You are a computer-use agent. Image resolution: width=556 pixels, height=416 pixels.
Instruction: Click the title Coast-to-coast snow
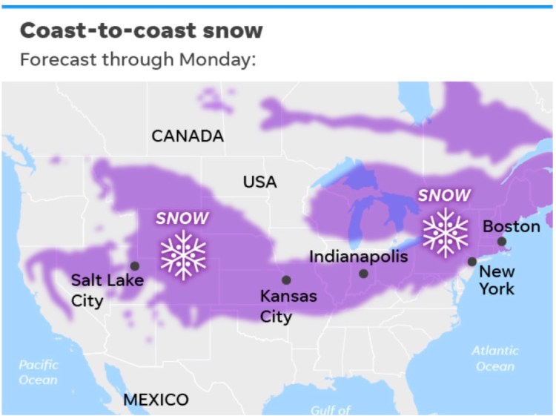tap(141, 30)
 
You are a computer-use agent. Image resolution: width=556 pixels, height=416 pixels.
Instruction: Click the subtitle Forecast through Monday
tap(137, 59)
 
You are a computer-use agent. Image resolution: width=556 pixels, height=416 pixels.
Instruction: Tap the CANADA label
tap(188, 136)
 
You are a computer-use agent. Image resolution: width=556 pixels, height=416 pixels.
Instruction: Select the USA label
tap(259, 182)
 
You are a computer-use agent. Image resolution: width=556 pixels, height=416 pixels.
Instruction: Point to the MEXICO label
tap(156, 400)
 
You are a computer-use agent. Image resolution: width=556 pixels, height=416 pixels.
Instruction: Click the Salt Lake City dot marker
tap(135, 265)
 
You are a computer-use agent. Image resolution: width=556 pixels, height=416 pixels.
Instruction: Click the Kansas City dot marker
tap(286, 280)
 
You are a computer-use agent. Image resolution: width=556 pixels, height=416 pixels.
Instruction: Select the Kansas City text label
tap(288, 306)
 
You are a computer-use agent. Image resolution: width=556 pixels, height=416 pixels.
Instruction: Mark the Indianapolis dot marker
tap(363, 274)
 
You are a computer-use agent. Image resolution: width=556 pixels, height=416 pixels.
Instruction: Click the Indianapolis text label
tap(358, 257)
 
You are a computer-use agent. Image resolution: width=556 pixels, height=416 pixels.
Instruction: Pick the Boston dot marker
tap(502, 241)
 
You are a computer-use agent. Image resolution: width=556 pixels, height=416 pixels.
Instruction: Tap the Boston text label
tap(512, 225)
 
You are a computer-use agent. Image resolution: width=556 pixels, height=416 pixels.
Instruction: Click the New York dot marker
tap(472, 261)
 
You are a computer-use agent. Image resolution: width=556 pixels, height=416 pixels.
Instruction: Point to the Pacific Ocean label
tap(39, 372)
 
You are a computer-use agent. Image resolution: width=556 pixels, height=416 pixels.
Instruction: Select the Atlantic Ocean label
tap(495, 358)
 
